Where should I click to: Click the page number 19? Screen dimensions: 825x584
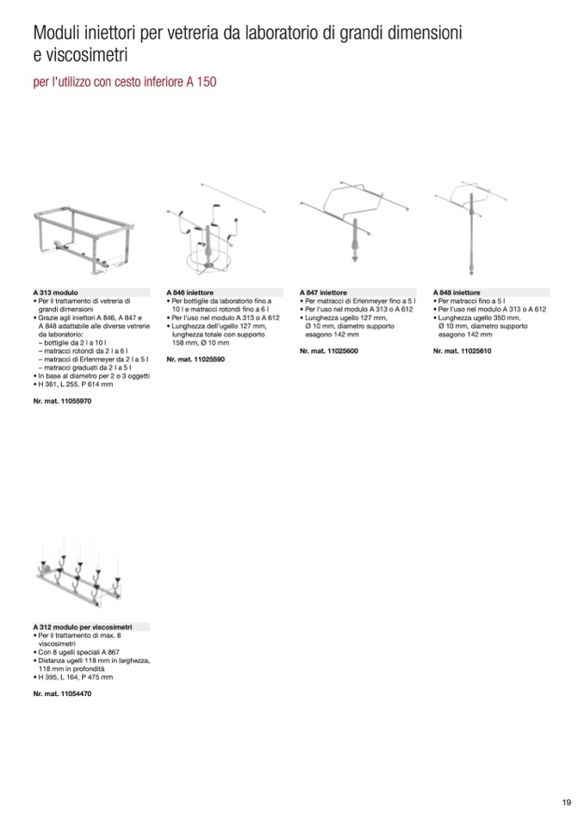566,803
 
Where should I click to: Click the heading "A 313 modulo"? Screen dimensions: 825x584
57,292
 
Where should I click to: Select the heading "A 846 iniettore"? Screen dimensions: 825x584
190,292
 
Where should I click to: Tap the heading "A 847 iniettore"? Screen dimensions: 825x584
324,292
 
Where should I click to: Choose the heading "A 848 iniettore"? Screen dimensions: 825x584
457,292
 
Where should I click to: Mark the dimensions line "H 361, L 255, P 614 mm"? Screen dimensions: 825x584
77,385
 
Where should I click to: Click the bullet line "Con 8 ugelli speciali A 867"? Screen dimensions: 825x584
80,653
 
